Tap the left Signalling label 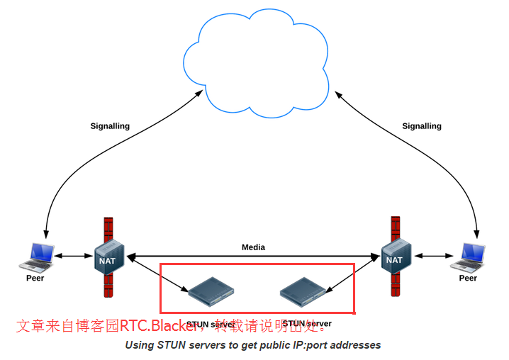110,126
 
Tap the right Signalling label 422,126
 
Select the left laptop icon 37,257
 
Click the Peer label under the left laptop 35,278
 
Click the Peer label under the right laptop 468,278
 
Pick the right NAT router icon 393,258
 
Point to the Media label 253,247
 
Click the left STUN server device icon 211,287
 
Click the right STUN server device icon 303,287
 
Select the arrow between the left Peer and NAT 74,256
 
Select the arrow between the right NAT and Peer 432,256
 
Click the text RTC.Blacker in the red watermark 157,326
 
